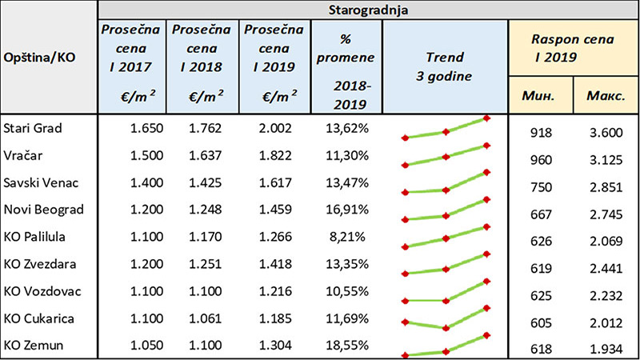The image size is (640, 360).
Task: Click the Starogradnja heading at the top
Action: (366, 10)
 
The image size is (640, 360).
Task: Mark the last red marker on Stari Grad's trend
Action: (487, 118)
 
